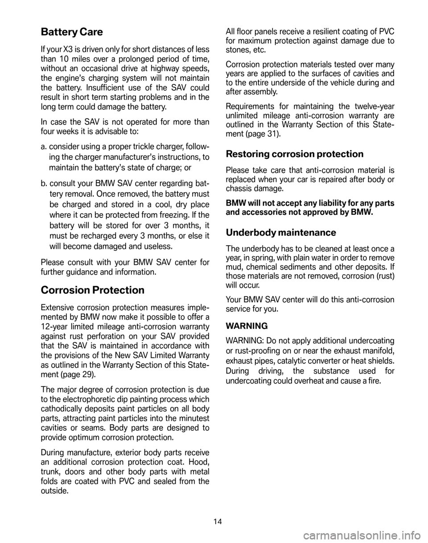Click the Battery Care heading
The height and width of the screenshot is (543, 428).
[x=71, y=32]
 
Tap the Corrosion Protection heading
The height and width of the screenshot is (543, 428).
[x=92, y=290]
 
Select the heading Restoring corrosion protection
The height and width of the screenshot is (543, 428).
[x=295, y=154]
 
